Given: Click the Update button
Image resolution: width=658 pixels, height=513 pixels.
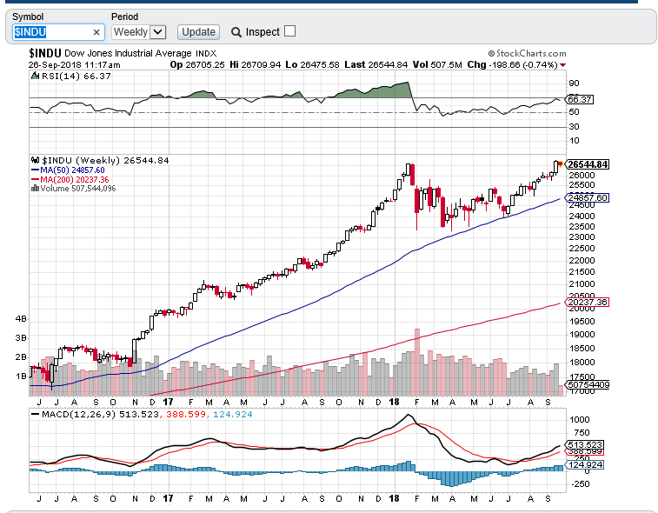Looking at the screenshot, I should point(197,32).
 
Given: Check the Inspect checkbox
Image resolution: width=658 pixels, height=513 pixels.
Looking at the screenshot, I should point(290,31).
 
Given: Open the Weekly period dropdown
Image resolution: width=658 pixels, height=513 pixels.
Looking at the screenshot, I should point(139,32).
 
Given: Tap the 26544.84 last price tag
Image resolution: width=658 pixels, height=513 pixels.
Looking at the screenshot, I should point(587,164).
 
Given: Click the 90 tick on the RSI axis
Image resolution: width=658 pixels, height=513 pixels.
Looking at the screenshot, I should point(574,83).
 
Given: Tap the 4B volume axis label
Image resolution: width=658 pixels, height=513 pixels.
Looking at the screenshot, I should point(21,319).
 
